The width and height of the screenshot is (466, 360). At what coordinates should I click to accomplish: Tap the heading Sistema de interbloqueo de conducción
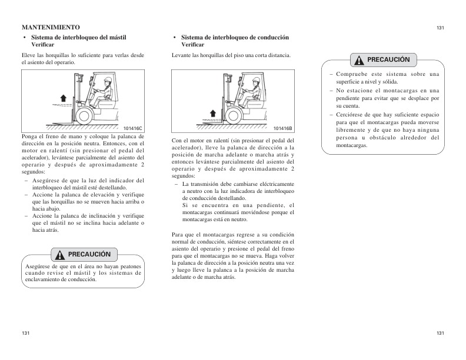coord(235,37)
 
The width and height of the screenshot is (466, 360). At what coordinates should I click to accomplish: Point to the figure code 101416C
coord(133,128)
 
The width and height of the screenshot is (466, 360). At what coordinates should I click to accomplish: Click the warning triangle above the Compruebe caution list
coord(358,60)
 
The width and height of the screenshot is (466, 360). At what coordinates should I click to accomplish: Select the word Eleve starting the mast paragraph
coord(28,55)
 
